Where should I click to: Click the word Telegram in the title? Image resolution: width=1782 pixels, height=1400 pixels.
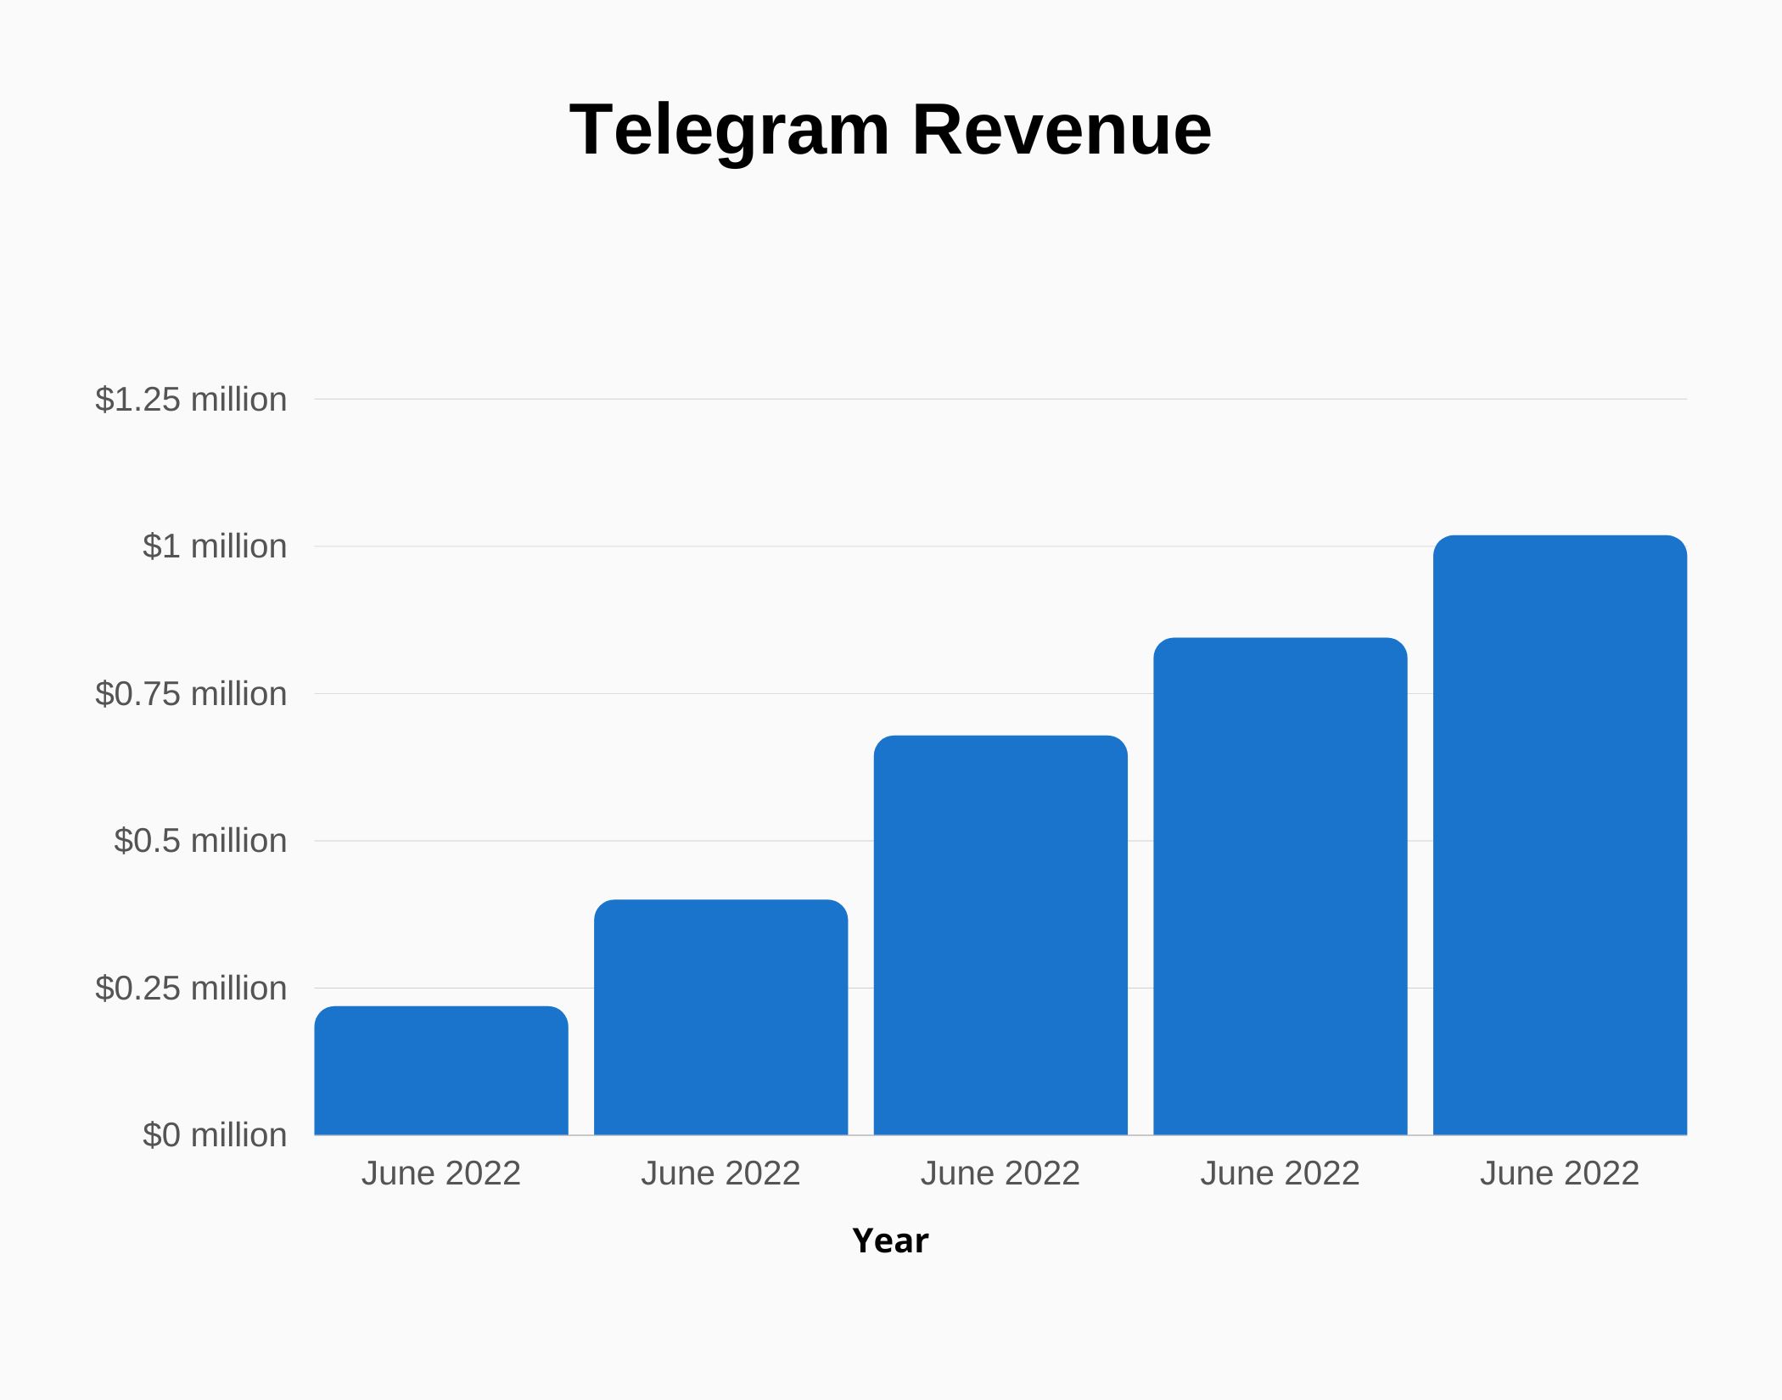(729, 130)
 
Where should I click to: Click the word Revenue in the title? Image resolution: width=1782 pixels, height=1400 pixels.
(1062, 130)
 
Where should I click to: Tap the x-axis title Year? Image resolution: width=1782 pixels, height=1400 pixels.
(890, 1240)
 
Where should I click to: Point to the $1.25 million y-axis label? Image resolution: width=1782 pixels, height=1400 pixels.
(191, 400)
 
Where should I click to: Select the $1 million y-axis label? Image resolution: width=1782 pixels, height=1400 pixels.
(215, 546)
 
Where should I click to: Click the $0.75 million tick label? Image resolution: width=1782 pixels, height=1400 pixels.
(191, 694)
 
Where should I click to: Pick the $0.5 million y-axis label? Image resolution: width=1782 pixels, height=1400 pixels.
(200, 841)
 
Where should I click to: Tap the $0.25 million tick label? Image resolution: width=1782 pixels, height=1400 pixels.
(191, 988)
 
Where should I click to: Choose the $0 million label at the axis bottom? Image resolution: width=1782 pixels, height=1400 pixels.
(215, 1135)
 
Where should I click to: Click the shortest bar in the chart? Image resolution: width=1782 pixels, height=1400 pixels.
(441, 1071)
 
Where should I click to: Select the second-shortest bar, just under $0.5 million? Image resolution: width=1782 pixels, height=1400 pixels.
(720, 1017)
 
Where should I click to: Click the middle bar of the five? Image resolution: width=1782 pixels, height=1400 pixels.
(1000, 935)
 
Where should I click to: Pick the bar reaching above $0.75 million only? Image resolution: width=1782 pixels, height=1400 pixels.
(1280, 887)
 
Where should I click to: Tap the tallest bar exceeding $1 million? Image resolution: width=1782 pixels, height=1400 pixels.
(1560, 835)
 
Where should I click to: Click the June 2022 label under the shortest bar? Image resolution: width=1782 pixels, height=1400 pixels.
(441, 1173)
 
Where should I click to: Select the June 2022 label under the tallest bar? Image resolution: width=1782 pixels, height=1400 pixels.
(1560, 1173)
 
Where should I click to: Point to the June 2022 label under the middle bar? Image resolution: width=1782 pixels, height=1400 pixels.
(1000, 1173)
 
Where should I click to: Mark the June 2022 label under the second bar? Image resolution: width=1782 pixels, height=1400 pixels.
(720, 1173)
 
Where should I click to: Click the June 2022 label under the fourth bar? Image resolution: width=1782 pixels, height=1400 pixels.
(1280, 1173)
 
